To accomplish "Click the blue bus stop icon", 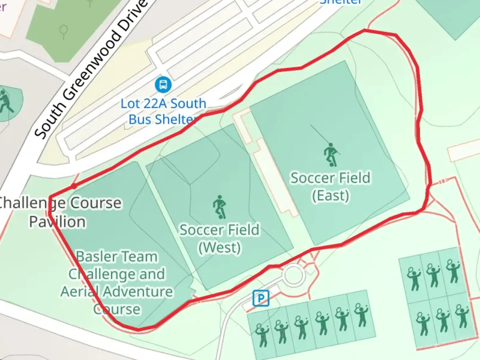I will coord(163,85).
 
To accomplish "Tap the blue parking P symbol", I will coord(261,298).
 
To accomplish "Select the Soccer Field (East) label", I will coord(330,186).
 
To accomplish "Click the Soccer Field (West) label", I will coord(219,238).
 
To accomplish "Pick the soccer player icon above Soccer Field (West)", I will coord(220,207).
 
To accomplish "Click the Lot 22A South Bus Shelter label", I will coord(163,111).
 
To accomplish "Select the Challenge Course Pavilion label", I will coord(58,212).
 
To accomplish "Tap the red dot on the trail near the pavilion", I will coord(74,186).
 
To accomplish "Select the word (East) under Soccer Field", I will coord(330,195).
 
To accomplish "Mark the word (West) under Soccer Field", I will coord(219,247).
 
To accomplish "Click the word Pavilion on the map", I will coord(57,222).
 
